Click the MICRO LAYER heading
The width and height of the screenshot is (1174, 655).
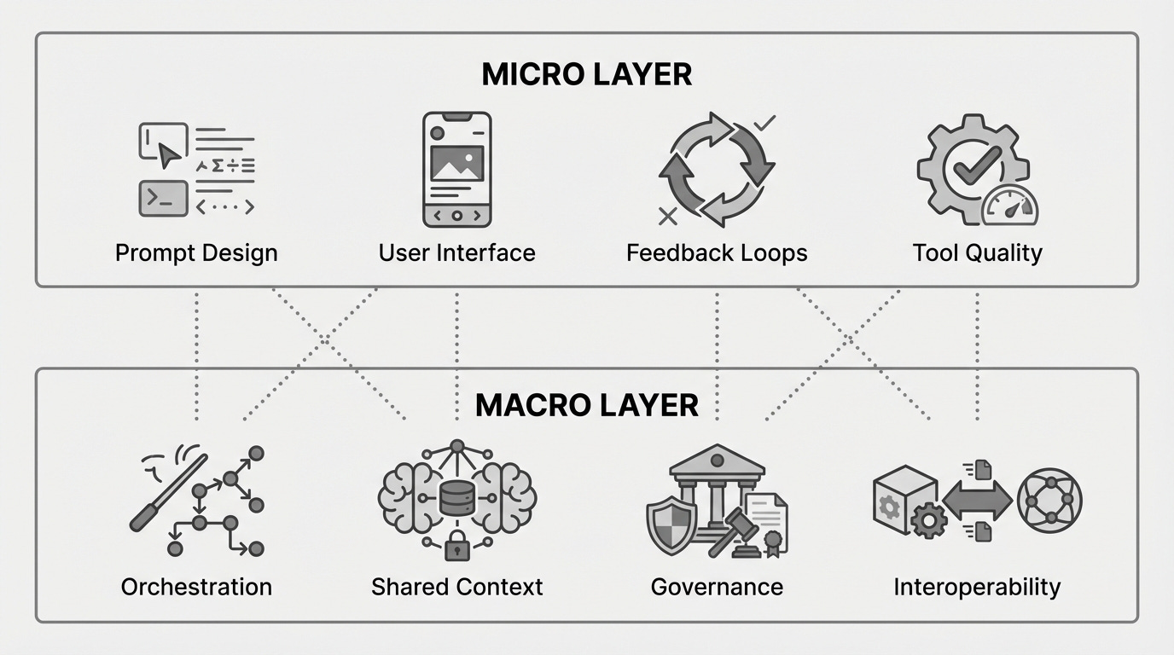(587, 74)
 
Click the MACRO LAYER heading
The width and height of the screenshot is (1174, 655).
(587, 404)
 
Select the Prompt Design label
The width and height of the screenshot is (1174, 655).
(196, 253)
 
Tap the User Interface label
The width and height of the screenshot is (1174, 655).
(456, 253)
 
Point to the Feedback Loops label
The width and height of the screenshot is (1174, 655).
(717, 253)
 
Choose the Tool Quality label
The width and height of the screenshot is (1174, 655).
(977, 253)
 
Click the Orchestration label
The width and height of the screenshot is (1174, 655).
(196, 587)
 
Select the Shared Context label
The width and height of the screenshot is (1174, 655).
(456, 587)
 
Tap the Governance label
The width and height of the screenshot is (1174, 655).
(717, 587)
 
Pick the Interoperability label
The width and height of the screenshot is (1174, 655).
(977, 587)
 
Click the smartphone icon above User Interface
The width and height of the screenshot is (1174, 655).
(456, 169)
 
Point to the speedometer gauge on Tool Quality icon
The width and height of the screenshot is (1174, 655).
(1010, 208)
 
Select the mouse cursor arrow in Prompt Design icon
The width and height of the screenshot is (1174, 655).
(169, 154)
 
